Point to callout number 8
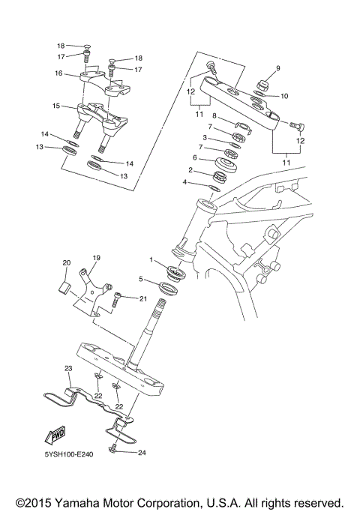214,116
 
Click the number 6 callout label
193,158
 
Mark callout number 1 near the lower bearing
151,260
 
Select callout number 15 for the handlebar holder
55,106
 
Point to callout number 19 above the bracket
96,258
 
